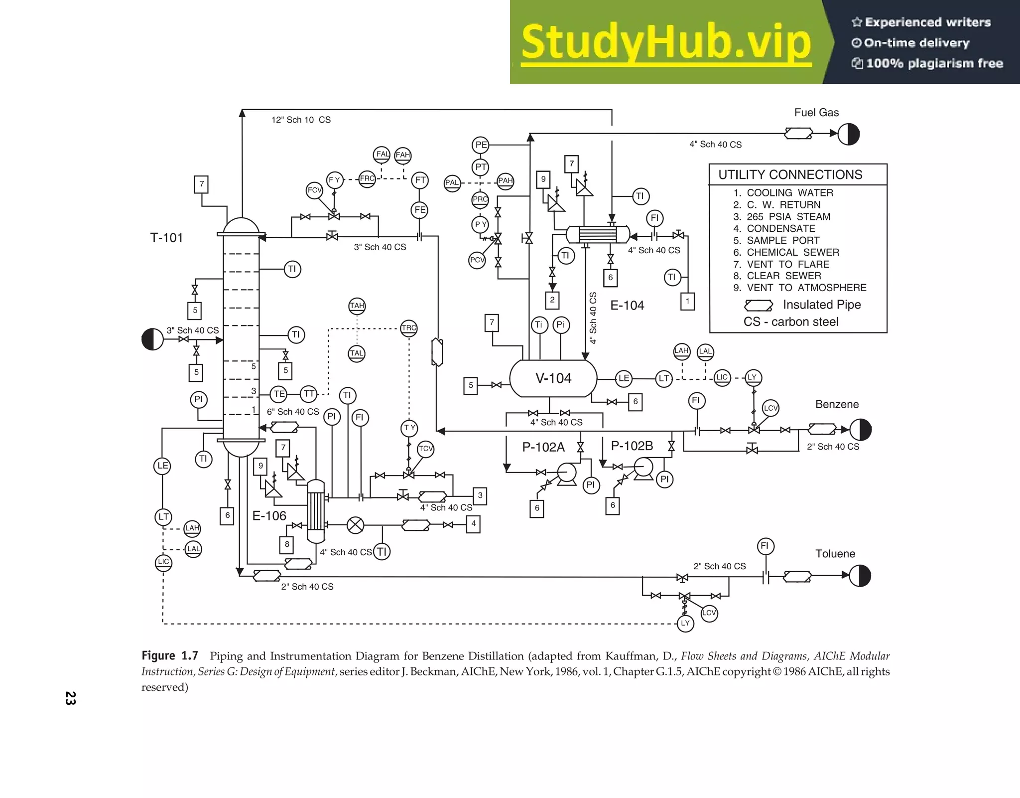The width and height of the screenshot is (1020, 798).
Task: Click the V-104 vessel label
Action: pos(553,378)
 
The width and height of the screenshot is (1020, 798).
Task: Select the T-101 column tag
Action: pos(166,238)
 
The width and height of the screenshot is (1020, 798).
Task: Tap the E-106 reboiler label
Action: pos(269,516)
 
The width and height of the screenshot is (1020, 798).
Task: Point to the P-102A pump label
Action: pos(543,447)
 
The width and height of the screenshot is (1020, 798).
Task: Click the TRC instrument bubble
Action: pos(409,328)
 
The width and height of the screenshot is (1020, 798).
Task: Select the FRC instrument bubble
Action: pos(367,179)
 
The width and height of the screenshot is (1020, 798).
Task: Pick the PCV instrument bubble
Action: pos(477,260)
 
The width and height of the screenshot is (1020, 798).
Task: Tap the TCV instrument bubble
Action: pos(426,449)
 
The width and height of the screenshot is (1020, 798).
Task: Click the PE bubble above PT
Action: pos(481,145)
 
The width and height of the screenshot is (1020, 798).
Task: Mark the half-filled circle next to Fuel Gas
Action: pos(849,134)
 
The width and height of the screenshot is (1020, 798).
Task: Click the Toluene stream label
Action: pos(835,554)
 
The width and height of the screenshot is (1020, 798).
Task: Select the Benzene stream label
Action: pos(837,404)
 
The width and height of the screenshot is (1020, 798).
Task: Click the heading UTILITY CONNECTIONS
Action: pos(790,175)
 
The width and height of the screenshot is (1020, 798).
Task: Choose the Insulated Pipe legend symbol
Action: pos(758,305)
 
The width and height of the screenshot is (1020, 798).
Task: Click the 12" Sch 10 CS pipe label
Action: pos(301,120)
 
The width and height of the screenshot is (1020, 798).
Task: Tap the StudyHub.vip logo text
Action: pos(666,43)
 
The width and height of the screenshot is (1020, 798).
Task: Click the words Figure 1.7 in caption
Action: pos(170,656)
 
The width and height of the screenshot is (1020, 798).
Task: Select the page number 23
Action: pos(70,698)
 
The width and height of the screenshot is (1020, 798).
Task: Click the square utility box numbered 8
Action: pos(287,544)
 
